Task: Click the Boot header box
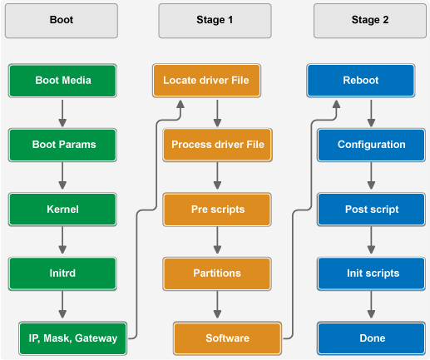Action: pos(62,21)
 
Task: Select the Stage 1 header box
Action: pos(215,21)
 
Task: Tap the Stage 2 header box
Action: pos(370,21)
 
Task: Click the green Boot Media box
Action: pos(62,81)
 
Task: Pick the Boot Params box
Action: pos(62,145)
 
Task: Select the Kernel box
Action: pos(62,210)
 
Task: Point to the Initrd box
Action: pos(62,274)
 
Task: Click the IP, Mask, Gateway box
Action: pos(73,338)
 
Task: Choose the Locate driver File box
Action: pos(206,81)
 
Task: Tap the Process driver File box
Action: pos(217,145)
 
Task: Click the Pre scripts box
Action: pos(217,210)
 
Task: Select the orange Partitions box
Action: pos(217,274)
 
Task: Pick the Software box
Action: pos(227,338)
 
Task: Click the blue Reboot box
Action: pos(361,81)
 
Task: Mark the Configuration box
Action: pos(371,145)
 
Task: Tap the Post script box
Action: pos(371,210)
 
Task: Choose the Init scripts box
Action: pos(371,274)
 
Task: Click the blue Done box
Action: pos(371,338)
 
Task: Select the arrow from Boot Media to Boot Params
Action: pos(62,113)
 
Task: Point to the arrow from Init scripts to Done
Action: pos(371,304)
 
